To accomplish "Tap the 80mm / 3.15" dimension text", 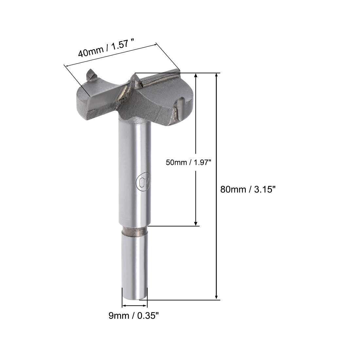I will coord(246,189).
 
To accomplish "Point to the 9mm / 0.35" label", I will coord(134,315).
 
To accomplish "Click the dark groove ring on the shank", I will coord(135,232).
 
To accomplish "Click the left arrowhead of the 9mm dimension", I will coord(124,306).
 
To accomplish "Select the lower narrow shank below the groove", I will coord(135,262).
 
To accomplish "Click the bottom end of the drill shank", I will coord(135,297).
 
